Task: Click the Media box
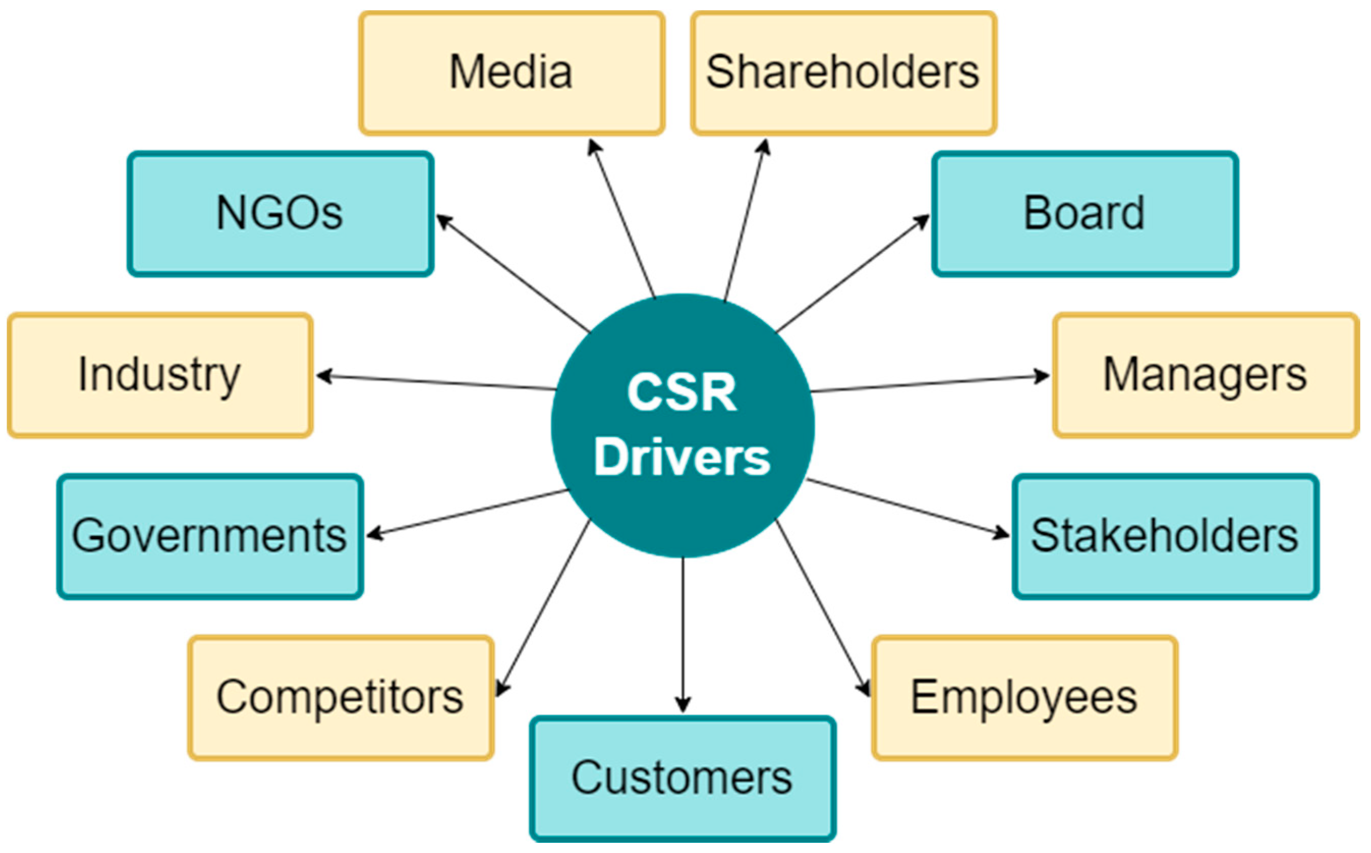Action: click(x=512, y=73)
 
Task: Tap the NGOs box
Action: click(x=280, y=214)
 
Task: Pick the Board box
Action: click(x=1085, y=214)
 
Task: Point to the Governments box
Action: click(x=210, y=537)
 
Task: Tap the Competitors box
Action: click(x=341, y=698)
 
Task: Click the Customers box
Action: click(x=683, y=779)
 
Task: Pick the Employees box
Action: click(x=1025, y=698)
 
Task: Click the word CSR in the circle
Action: click(x=682, y=393)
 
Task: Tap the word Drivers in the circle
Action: click(x=682, y=458)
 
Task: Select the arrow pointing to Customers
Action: click(x=683, y=632)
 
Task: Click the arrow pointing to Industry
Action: click(x=434, y=383)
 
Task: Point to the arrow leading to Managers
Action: click(x=931, y=383)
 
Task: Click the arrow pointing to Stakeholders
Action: click(x=909, y=507)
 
